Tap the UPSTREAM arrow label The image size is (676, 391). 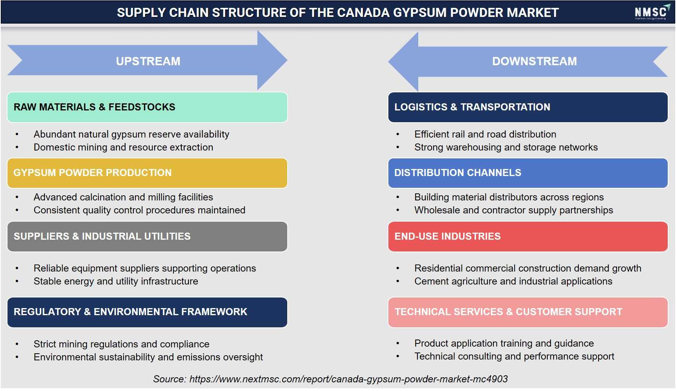pos(148,61)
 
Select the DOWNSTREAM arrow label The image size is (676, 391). pos(534,61)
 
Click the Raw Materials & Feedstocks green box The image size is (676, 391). pos(147,107)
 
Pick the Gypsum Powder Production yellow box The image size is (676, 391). pos(147,173)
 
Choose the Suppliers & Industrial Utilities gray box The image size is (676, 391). pos(147,237)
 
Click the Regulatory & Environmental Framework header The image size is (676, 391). pos(147,312)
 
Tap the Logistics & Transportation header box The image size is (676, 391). pos(528,107)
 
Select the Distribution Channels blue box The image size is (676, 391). pos(528,173)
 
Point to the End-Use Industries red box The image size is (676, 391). pos(528,237)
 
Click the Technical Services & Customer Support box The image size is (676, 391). pos(528,312)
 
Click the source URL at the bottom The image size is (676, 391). pos(349,379)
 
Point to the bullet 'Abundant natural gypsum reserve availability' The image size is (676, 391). pos(131,134)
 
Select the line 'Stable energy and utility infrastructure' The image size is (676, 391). pos(116,281)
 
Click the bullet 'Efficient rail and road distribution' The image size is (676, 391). pos(485,134)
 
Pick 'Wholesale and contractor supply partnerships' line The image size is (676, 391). pos(513,210)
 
